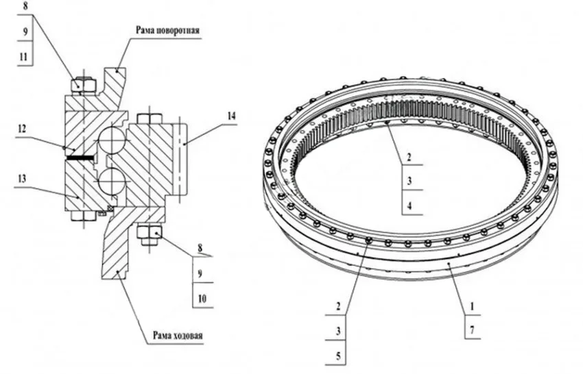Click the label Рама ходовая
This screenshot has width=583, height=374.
pyautogui.click(x=174, y=336)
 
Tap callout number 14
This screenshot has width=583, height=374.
pyautogui.click(x=231, y=117)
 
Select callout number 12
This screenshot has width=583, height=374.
pyautogui.click(x=22, y=127)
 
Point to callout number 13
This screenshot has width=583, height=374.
pyautogui.click(x=22, y=178)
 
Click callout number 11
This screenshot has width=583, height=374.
pyautogui.click(x=24, y=57)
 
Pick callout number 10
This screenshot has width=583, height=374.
pyautogui.click(x=201, y=299)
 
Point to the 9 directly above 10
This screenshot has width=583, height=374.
pyautogui.click(x=201, y=273)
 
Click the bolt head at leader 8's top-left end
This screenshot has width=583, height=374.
pyautogui.click(x=84, y=86)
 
